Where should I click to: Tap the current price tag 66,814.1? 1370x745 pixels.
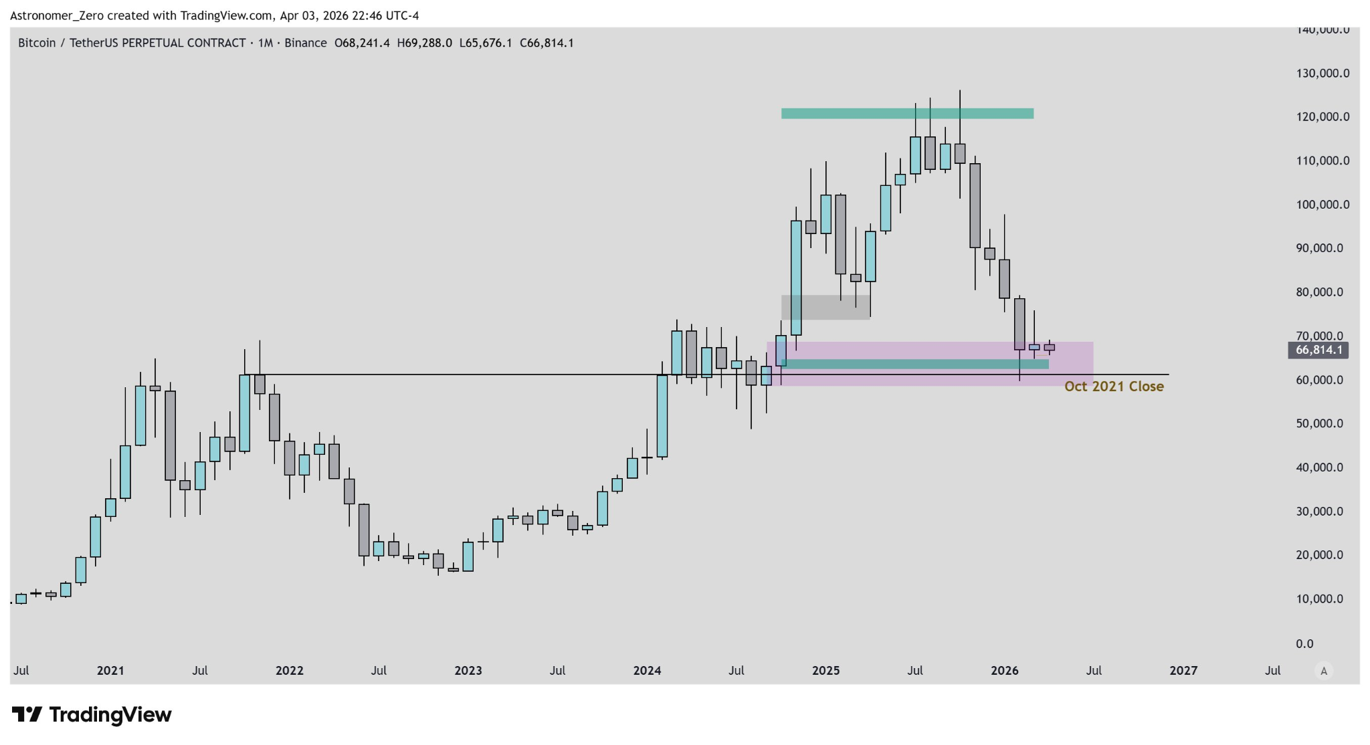coord(1318,350)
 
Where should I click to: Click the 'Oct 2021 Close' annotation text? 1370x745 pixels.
coord(1114,387)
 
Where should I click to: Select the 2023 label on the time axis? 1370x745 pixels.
coord(468,671)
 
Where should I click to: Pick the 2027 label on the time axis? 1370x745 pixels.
coord(1183,671)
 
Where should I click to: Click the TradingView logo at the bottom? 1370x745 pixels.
coord(92,715)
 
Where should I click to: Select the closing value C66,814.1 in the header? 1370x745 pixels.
coord(547,43)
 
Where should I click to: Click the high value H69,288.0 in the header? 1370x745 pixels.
coord(424,43)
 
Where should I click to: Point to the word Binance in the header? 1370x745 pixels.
coord(305,43)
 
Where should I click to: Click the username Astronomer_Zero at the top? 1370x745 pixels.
coord(57,15)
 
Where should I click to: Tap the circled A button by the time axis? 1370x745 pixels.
coord(1323,671)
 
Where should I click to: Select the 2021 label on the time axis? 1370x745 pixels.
coord(110,671)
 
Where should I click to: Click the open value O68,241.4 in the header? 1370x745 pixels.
coord(362,43)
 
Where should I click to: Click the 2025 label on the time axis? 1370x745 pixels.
coord(825,671)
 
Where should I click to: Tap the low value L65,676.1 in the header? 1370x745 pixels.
coord(486,43)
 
